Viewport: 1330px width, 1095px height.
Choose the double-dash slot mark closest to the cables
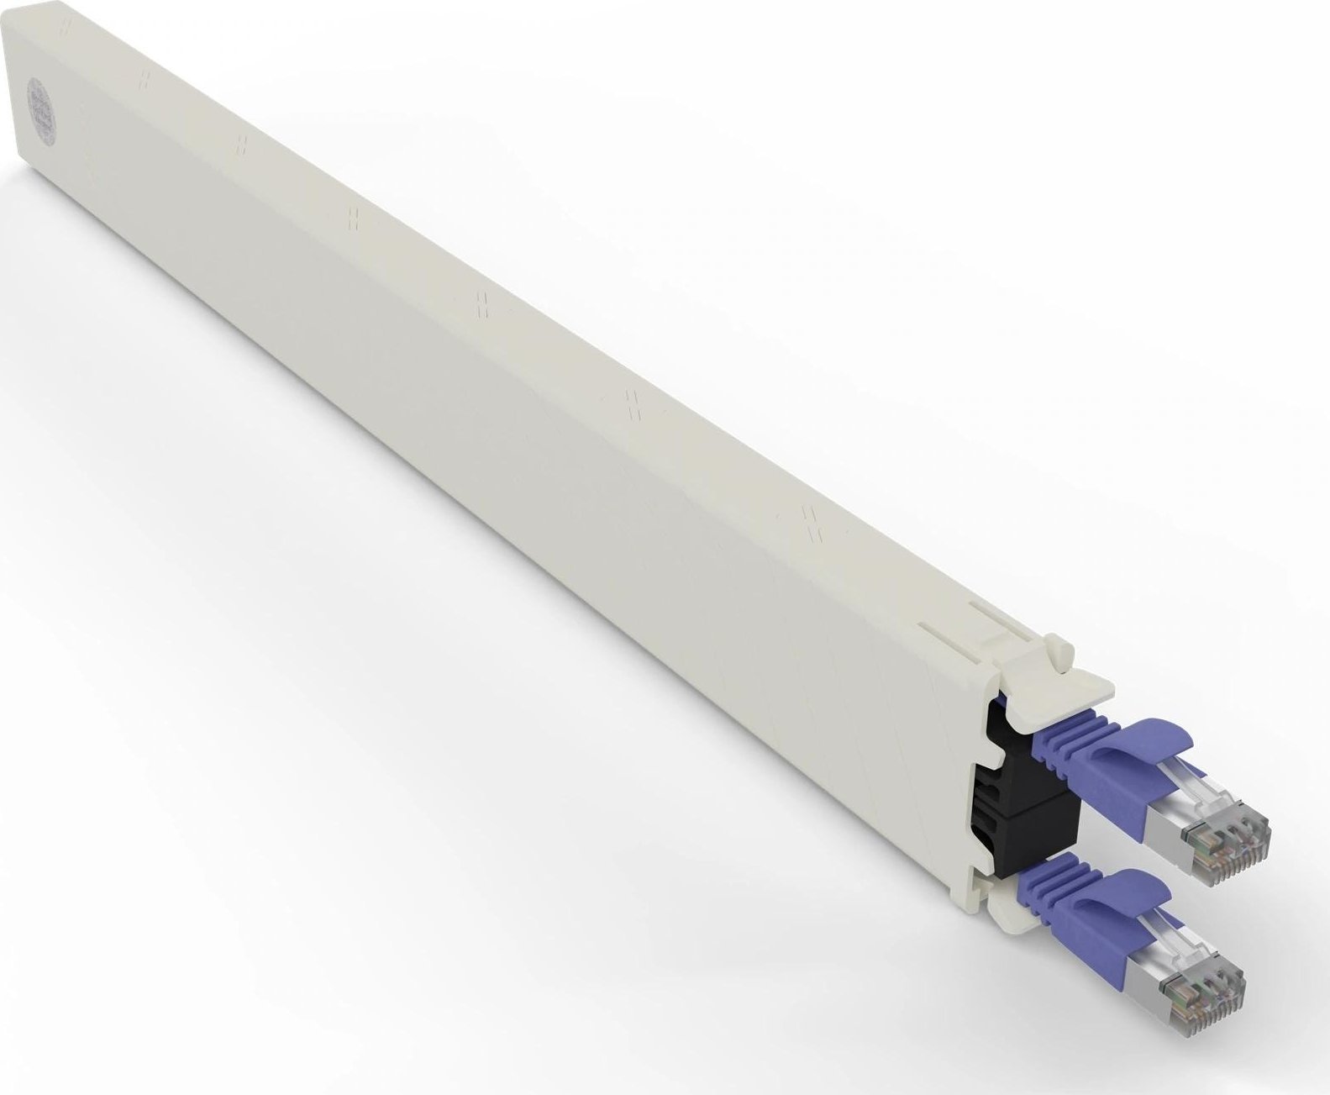click(x=812, y=520)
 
